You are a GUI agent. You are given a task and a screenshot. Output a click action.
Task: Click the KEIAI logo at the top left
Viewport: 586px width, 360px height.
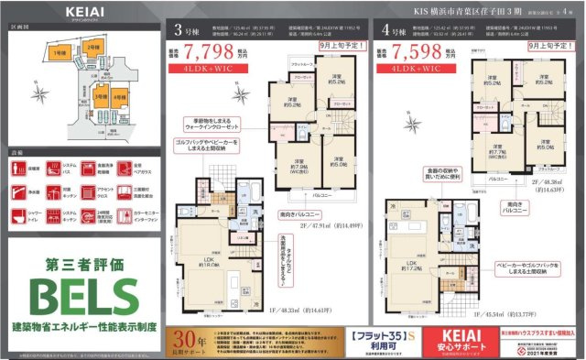(x=86, y=11)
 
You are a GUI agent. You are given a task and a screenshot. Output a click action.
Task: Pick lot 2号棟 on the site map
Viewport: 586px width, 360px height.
(x=92, y=47)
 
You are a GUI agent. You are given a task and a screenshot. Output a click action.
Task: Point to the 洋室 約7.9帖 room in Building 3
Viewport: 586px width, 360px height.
(x=293, y=167)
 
